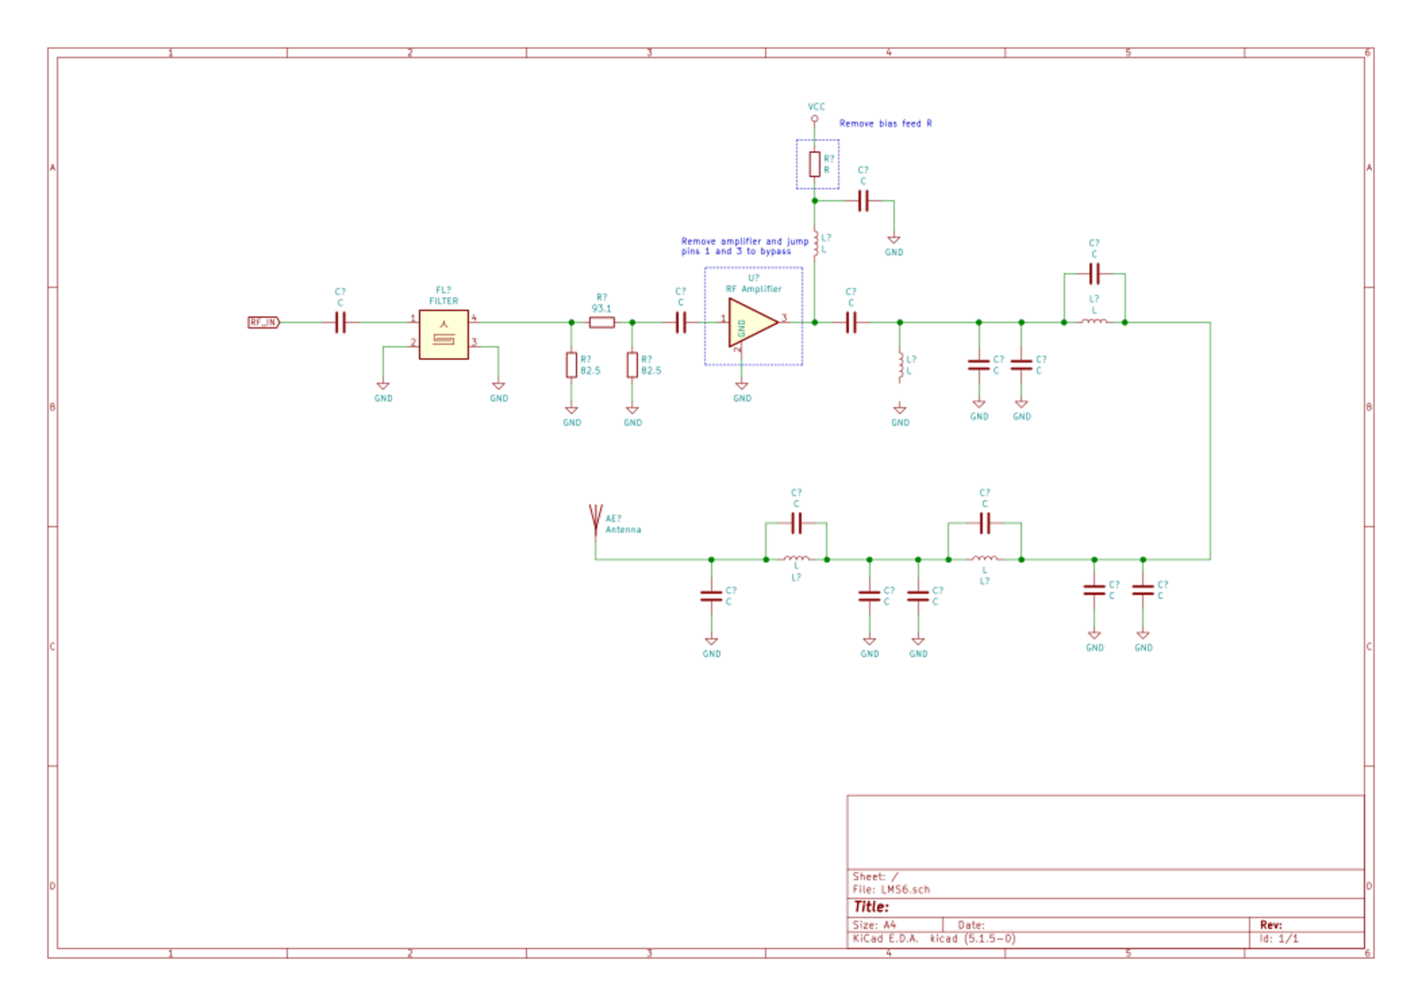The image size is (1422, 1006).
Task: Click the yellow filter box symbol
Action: [x=443, y=335]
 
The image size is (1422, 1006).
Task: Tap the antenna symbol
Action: [x=595, y=519]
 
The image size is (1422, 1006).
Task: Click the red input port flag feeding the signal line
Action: [x=263, y=322]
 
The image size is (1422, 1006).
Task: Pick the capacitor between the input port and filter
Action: [x=340, y=322]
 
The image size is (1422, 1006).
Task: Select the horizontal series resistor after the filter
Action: [x=602, y=322]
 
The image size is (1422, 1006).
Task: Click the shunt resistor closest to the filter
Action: [x=571, y=365]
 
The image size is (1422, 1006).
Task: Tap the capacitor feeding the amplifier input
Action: [x=682, y=322]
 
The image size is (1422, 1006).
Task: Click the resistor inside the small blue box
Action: [x=814, y=165]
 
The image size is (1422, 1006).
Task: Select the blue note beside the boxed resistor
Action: [x=885, y=124]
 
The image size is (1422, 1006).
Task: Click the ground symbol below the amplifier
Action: [x=742, y=390]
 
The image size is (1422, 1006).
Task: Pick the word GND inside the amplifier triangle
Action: [x=741, y=328]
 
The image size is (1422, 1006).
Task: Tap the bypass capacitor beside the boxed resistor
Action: [x=863, y=201]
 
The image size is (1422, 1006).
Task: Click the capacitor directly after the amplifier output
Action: [x=852, y=322]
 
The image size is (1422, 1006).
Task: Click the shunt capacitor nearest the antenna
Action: [x=711, y=596]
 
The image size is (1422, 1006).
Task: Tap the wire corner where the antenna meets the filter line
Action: [x=595, y=560]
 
